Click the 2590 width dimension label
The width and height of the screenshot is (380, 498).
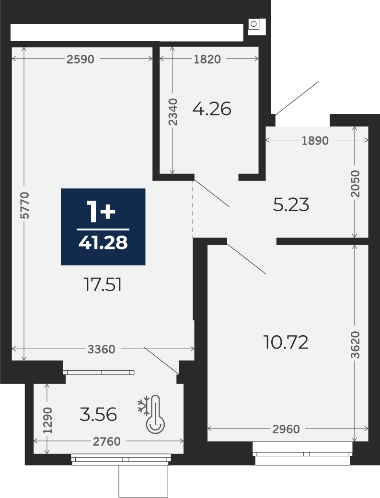tap(81, 59)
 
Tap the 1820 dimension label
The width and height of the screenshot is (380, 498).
tap(207, 59)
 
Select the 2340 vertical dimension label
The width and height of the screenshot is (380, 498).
tap(173, 112)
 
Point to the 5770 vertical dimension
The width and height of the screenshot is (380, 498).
tap(24, 205)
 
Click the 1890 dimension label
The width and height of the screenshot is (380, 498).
tap(315, 140)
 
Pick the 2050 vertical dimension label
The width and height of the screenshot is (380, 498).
tap(356, 184)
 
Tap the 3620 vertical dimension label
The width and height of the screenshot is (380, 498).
tap(356, 345)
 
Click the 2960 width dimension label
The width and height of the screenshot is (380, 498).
tap(286, 429)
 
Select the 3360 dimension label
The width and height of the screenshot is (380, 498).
tap(101, 350)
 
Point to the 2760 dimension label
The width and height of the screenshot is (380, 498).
tap(107, 441)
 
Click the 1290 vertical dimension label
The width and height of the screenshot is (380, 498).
tap(47, 420)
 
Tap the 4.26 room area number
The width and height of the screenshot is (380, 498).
tap(212, 109)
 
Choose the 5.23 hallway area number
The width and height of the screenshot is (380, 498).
tap(291, 205)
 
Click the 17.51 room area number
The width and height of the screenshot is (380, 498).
tap(103, 284)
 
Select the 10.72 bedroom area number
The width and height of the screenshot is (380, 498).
tap(286, 342)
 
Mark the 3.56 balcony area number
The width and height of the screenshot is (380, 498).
tap(98, 415)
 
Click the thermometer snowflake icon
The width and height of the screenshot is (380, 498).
tap(151, 414)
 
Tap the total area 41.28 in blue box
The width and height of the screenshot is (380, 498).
tap(103, 243)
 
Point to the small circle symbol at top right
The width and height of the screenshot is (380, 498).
tap(253, 24)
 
